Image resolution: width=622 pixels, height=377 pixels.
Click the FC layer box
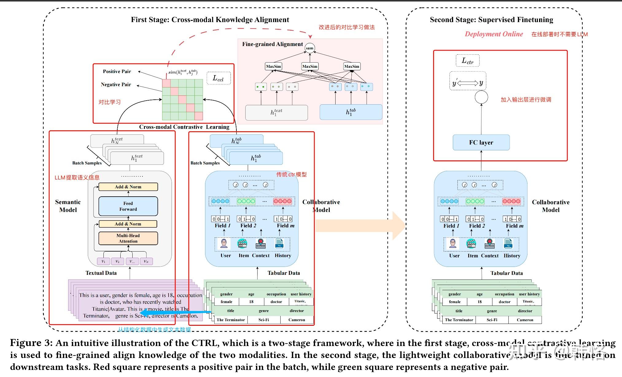[x=481, y=142]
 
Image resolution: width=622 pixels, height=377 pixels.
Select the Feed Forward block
[x=128, y=206]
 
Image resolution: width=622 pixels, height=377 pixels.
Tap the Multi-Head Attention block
[x=128, y=238]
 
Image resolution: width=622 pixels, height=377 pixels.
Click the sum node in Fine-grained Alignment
[x=309, y=48]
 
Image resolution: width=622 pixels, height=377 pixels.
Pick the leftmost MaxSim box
[x=273, y=66]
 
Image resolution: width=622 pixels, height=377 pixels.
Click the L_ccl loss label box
[x=218, y=78]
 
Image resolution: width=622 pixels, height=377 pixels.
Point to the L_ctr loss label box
[x=467, y=61]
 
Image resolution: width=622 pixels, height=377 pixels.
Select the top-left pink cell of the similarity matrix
[x=166, y=83]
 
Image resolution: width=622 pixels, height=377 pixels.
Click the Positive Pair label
[x=117, y=71]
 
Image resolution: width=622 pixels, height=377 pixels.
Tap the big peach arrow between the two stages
[x=359, y=225]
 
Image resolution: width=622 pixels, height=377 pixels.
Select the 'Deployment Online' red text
[x=494, y=34]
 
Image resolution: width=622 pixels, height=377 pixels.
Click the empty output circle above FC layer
[x=481, y=97]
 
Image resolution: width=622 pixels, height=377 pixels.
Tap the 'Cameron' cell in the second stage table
[x=525, y=320]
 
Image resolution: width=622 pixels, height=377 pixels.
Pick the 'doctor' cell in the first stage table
[x=276, y=302]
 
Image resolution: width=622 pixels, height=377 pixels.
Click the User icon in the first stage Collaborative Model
[x=224, y=244]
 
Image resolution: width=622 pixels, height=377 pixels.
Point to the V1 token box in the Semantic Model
[x=103, y=261]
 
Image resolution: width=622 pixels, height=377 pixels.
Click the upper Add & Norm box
[x=128, y=187]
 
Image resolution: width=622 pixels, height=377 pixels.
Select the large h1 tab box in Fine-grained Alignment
[x=351, y=112]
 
